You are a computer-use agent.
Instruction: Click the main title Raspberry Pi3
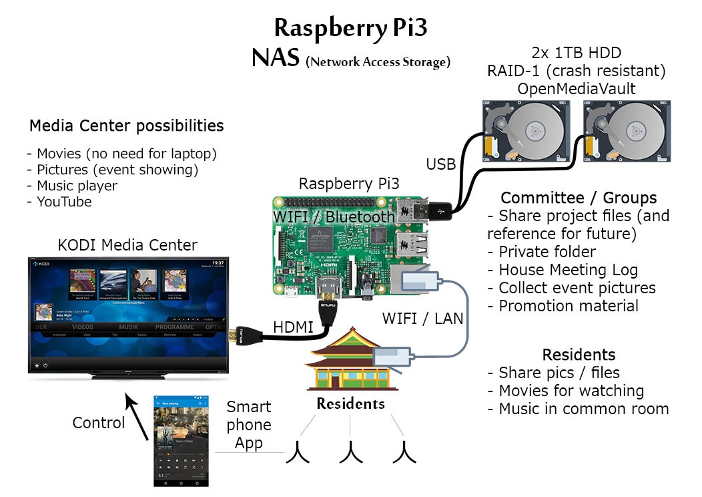[x=350, y=28]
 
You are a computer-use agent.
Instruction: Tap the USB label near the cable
[x=441, y=164]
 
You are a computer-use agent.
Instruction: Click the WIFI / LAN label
[x=422, y=318]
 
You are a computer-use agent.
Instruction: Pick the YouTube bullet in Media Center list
[x=59, y=202]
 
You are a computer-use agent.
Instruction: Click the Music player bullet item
[x=72, y=186]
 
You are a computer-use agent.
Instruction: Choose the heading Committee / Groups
[x=579, y=198]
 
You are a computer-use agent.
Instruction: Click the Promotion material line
[x=568, y=306]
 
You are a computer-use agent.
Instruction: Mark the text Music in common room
[x=583, y=409]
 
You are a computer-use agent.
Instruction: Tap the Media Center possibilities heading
[x=126, y=126]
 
